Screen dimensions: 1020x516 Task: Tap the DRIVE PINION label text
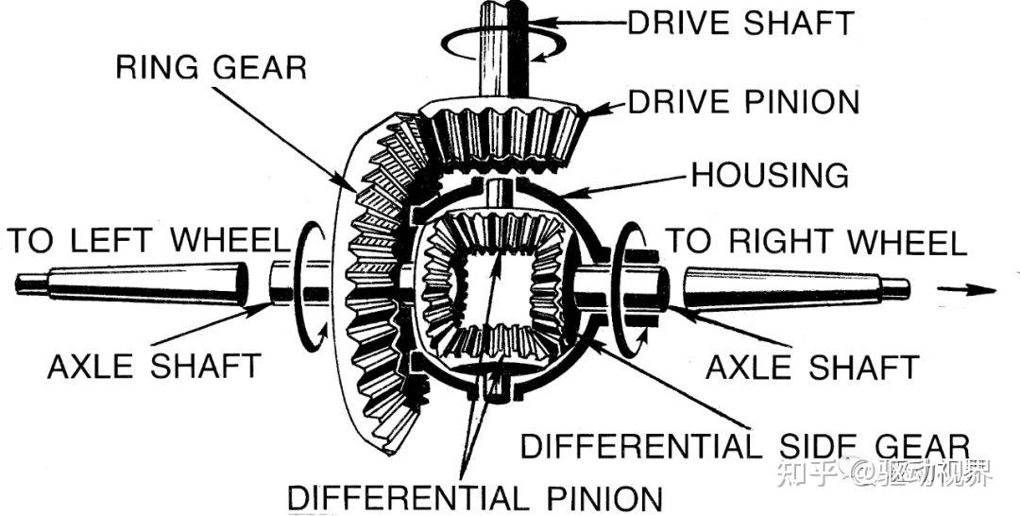coord(744,101)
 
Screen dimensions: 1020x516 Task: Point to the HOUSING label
coord(769,175)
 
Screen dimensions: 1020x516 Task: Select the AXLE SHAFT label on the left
coord(154,366)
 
